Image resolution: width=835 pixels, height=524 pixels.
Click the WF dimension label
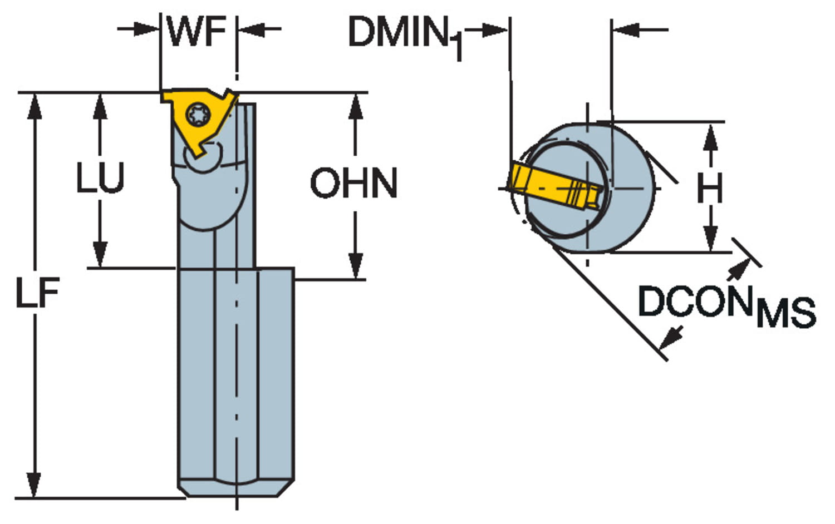tap(197, 32)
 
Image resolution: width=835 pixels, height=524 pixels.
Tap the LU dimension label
tap(100, 179)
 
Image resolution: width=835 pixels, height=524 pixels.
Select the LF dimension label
tap(37, 293)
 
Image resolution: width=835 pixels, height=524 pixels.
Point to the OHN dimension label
tap(354, 184)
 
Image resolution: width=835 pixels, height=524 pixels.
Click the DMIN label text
tap(397, 32)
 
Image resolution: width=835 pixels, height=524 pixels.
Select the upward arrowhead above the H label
tap(710, 137)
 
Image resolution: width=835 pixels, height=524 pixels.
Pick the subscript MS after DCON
tap(786, 313)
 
